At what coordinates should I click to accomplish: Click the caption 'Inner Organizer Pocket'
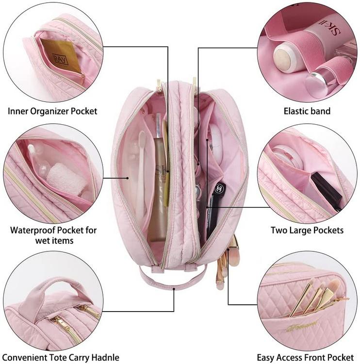pos(52,111)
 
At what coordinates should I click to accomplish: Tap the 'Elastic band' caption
pos(307,111)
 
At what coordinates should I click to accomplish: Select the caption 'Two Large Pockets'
pos(307,230)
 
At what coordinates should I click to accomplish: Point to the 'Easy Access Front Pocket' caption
pos(305,358)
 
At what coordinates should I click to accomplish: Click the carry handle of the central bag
pos(173,279)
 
